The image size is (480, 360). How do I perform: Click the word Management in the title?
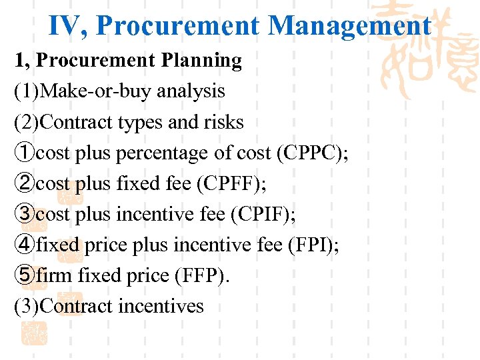(349, 26)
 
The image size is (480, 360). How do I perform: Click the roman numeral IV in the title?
(69, 26)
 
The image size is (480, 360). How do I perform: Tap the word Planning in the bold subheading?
(201, 61)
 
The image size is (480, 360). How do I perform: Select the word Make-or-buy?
(92, 91)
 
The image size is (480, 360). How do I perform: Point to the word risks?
(223, 122)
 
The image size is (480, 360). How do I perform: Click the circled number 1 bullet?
(24, 153)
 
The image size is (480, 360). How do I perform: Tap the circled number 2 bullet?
(24, 184)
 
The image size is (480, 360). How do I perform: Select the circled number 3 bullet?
(24, 215)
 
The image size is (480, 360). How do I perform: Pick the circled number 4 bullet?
(24, 245)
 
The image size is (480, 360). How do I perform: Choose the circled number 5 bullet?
(24, 275)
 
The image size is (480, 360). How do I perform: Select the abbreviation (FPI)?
(313, 245)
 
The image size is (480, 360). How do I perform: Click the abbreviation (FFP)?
(200, 275)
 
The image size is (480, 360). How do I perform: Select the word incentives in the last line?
(161, 306)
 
